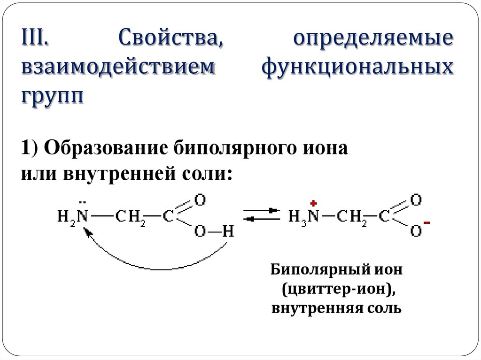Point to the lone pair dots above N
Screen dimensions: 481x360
point(83,203)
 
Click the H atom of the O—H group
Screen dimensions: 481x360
point(228,230)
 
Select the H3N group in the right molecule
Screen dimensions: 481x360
point(303,216)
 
